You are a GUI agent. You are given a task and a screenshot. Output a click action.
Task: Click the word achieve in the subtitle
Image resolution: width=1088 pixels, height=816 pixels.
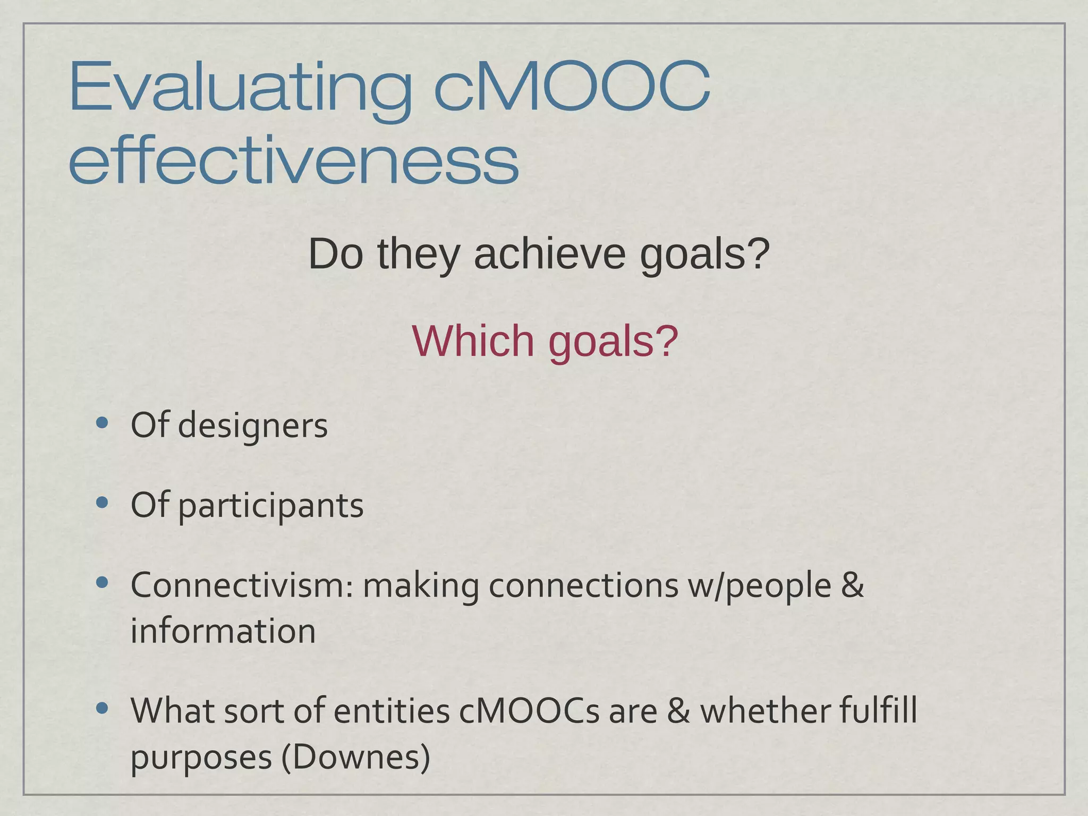(x=550, y=254)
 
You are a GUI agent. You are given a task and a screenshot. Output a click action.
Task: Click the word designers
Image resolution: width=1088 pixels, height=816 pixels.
(x=252, y=426)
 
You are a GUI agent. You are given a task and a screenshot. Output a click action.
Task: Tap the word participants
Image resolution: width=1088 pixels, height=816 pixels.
(x=270, y=505)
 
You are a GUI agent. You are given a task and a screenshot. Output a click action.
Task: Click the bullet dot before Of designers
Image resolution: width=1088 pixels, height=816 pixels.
(x=103, y=423)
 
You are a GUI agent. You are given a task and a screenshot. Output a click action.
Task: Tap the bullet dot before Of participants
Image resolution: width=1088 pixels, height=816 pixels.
(x=103, y=503)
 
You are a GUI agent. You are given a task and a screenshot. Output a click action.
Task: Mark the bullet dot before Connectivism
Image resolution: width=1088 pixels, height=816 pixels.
(x=103, y=583)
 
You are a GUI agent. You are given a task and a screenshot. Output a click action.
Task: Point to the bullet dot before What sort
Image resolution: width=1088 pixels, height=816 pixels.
(x=103, y=708)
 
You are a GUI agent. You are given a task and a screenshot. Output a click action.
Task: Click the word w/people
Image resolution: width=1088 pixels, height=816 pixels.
(x=759, y=586)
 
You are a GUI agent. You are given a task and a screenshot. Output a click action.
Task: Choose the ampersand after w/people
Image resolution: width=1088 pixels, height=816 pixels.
(x=853, y=585)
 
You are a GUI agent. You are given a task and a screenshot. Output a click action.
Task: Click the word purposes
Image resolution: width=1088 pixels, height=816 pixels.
(x=201, y=758)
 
